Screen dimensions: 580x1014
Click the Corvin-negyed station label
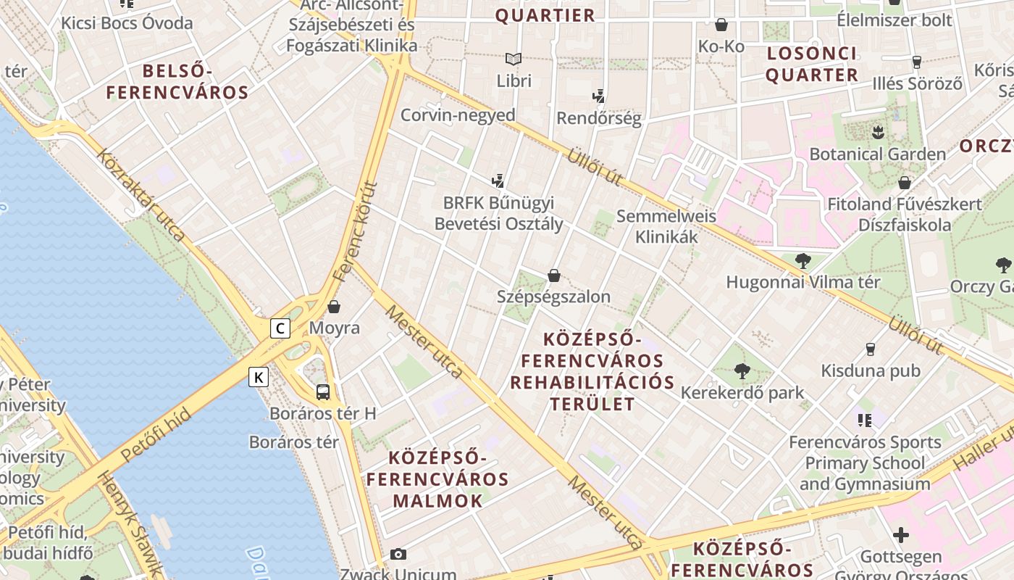458,115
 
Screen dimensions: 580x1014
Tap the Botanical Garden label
877,154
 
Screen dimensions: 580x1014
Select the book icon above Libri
514,59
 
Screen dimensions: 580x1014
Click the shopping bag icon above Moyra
334,307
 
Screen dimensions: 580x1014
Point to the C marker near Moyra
280,328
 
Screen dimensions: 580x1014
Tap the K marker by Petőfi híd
259,377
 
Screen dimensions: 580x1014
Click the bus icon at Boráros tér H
323,392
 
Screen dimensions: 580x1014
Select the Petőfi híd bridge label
156,435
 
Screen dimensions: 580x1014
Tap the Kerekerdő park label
742,393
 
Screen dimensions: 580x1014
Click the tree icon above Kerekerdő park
742,372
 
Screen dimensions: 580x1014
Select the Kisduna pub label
870,370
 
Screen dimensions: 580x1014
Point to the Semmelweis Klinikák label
666,226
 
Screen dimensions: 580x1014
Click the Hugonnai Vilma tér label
803,282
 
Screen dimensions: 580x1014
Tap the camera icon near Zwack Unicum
398,555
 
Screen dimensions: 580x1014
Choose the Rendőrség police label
598,118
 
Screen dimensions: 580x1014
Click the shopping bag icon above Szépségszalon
554,275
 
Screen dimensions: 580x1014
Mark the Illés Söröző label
917,83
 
